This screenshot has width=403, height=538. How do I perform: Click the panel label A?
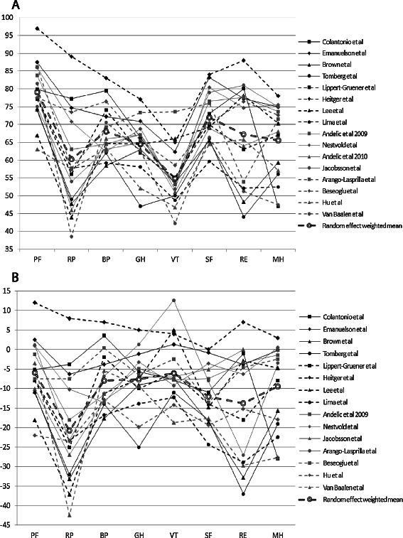tap(6, 6)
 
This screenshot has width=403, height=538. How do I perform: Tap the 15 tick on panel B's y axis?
tap(12, 291)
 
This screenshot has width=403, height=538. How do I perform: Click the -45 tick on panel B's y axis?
tap(11, 525)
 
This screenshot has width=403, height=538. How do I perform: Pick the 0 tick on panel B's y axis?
tap(14, 350)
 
